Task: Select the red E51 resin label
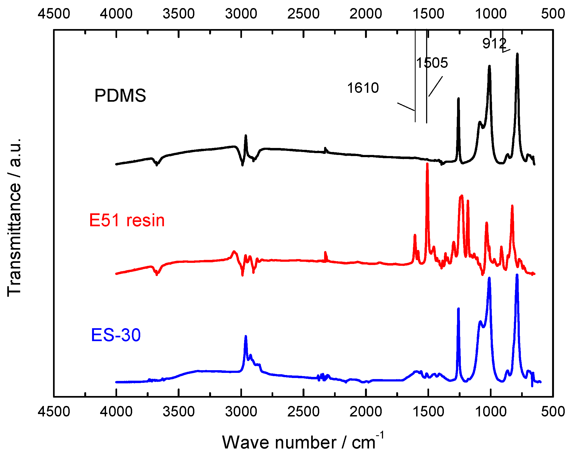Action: (127, 220)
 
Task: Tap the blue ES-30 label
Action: (116, 335)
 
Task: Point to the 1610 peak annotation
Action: (363, 88)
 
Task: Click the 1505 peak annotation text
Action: (432, 63)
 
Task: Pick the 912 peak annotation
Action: (494, 43)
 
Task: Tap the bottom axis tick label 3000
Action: (241, 412)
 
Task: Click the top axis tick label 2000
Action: (366, 13)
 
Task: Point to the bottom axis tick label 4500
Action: (54, 412)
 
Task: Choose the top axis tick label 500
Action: (553, 13)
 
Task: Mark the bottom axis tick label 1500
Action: (428, 412)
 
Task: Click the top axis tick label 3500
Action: (178, 13)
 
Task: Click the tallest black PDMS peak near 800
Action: (517, 55)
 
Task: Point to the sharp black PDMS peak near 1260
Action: (458, 99)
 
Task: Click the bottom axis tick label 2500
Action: (303, 412)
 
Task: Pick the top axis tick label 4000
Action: (116, 13)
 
